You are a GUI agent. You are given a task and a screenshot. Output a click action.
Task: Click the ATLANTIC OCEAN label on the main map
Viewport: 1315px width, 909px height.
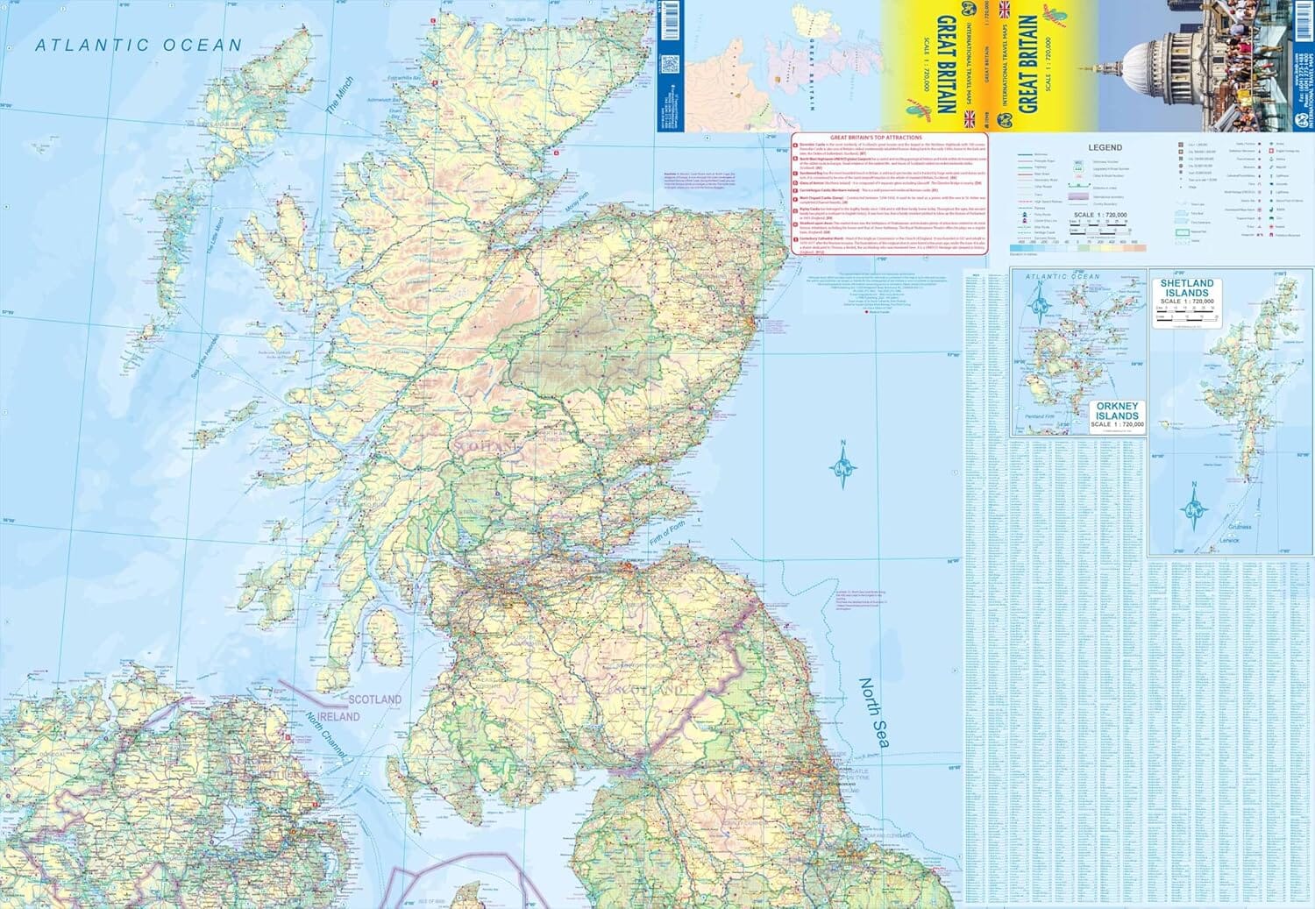click(x=139, y=46)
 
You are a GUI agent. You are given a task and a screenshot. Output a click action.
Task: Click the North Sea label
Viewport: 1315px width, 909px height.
click(x=873, y=714)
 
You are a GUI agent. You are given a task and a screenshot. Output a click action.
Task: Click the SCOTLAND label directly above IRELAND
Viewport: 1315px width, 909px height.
click(x=374, y=700)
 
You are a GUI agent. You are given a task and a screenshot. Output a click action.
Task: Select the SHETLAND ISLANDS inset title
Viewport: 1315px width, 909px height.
click(x=1187, y=288)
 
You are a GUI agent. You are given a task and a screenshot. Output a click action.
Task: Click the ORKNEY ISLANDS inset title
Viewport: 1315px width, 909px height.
click(x=1117, y=411)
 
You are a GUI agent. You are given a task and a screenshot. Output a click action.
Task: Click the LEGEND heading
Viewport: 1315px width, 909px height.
click(x=1105, y=148)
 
